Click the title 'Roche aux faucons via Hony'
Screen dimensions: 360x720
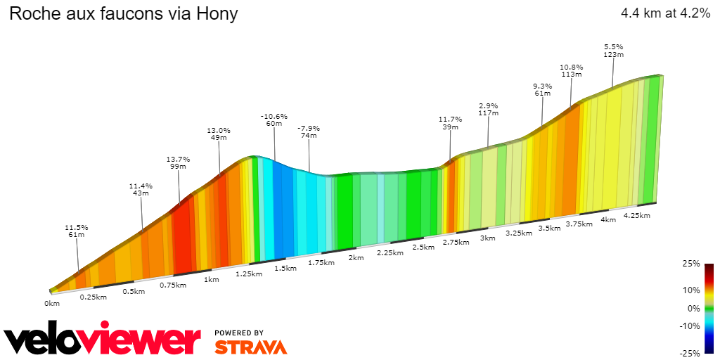click(123, 13)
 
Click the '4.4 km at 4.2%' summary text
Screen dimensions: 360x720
click(665, 13)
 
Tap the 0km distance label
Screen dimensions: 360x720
click(52, 304)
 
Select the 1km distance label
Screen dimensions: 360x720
click(212, 279)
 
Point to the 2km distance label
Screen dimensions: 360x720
click(356, 257)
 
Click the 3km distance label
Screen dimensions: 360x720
click(487, 238)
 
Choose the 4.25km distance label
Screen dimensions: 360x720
click(636, 215)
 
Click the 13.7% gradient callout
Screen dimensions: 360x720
click(178, 162)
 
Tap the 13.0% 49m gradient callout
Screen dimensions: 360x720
click(219, 134)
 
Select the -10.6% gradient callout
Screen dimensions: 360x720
click(274, 120)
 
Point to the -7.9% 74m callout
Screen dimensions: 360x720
click(309, 131)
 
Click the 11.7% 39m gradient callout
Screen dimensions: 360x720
click(450, 122)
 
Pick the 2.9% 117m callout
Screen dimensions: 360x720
click(489, 108)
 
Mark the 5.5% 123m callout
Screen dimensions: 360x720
click(614, 50)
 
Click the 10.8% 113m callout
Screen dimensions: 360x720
click(571, 70)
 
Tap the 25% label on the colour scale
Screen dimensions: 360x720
click(692, 264)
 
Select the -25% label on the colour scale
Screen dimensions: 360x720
click(690, 353)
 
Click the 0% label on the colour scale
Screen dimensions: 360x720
click(693, 308)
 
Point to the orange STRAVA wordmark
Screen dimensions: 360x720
click(250, 347)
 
